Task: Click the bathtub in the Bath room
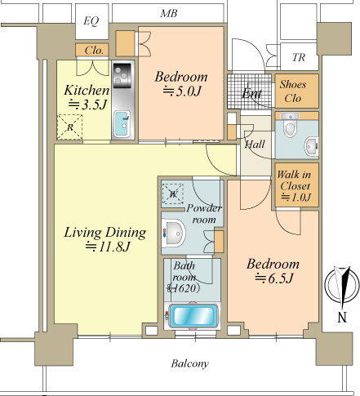coord(193,315)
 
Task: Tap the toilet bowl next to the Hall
coord(289,125)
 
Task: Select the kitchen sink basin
coord(122,124)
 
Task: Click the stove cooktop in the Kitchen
coord(122,75)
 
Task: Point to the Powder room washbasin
coord(173,233)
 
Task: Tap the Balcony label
coord(190,363)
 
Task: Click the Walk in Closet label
coord(294,180)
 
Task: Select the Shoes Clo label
coord(293,91)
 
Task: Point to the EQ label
coord(91,20)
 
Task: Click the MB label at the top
coord(169,13)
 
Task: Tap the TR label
coord(299,57)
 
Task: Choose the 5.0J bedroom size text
coord(182,91)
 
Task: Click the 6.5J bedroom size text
coord(273,278)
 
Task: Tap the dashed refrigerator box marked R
coord(69,127)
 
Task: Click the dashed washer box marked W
coord(173,194)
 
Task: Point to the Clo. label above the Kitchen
coord(94,50)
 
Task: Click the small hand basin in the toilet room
coord(311,147)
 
